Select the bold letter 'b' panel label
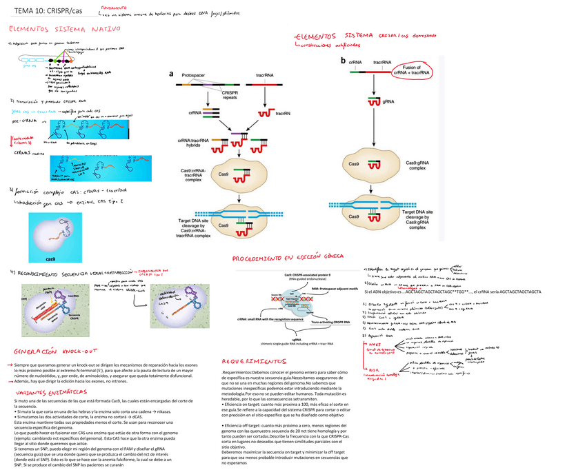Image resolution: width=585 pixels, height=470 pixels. tap(343, 61)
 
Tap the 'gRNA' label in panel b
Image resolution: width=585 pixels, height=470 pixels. tap(388, 101)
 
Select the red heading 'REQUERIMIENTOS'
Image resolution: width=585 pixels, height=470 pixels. tap(254, 361)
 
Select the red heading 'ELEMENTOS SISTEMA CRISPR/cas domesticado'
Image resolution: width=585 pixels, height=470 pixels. tap(362, 36)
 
